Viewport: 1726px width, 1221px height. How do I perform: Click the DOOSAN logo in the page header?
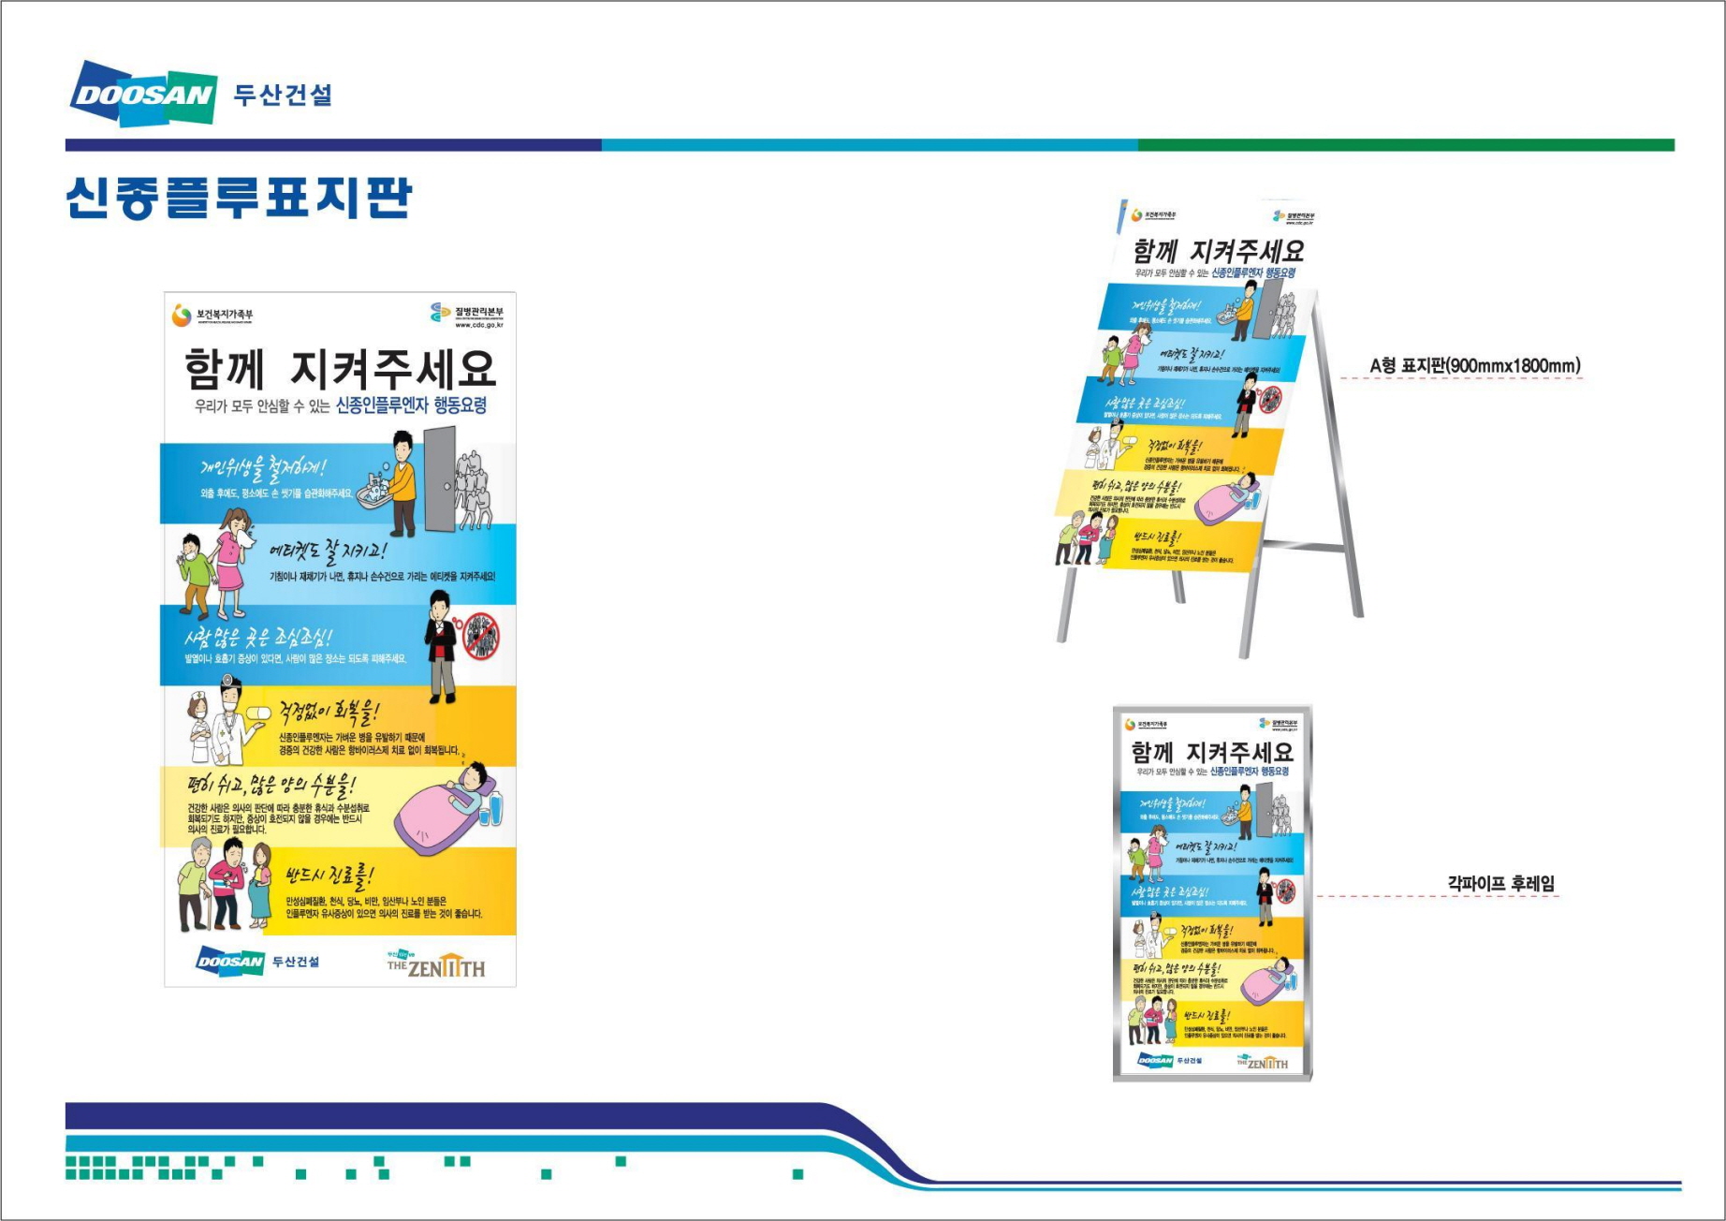click(x=143, y=94)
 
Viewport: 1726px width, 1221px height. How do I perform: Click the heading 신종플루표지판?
click(x=239, y=198)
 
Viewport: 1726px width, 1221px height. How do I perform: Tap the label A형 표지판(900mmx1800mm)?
click(x=1474, y=366)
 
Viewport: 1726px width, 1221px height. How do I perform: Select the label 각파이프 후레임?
click(x=1500, y=883)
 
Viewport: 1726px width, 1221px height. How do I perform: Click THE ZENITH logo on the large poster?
click(x=437, y=964)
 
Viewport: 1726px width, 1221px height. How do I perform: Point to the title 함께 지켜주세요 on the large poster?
click(x=339, y=369)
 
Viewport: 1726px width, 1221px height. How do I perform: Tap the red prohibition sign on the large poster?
click(x=482, y=636)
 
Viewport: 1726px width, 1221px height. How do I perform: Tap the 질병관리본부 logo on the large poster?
click(x=467, y=314)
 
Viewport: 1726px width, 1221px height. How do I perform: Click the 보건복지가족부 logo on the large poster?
click(x=212, y=316)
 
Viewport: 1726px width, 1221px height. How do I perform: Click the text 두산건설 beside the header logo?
click(x=283, y=95)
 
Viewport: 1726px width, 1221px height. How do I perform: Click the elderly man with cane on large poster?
click(x=195, y=884)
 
